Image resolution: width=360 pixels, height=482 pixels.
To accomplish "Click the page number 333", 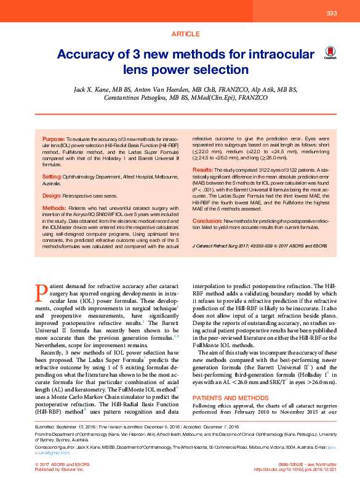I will [331, 14].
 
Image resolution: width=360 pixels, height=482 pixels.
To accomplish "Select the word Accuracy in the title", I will [89, 54].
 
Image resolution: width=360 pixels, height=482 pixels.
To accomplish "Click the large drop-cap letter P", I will [41, 292].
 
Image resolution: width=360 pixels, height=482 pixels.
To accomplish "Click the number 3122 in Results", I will [257, 169].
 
